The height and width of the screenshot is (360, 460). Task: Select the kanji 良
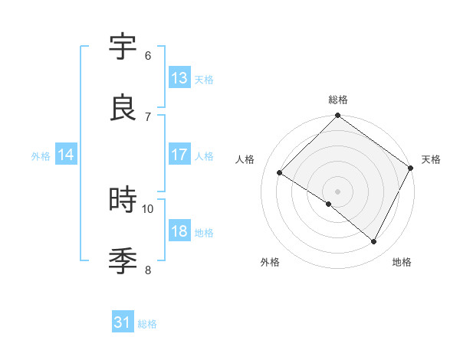coord(123,108)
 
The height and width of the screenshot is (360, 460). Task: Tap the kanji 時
coord(123,201)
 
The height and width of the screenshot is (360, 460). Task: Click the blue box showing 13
coord(179,77)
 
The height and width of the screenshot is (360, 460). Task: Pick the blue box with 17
coord(179,155)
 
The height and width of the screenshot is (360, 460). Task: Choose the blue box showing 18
coord(179,231)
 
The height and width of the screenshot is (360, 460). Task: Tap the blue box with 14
coord(66,155)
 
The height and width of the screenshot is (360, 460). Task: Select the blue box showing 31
coord(123,322)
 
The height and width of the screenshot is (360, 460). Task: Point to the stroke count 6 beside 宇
coord(148,55)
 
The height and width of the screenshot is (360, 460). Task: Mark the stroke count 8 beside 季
coord(148,270)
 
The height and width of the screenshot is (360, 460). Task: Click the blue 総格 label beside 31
coord(147,324)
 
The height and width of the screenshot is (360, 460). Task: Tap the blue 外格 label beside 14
coord(41,156)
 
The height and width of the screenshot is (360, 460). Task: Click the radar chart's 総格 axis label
coord(338,100)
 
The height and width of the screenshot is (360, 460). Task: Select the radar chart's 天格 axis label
coord(431,159)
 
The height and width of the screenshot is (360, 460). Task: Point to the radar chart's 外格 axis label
coord(270,262)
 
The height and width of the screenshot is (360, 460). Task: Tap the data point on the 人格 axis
coord(280,173)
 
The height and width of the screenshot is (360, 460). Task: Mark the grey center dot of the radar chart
coord(337,191)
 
